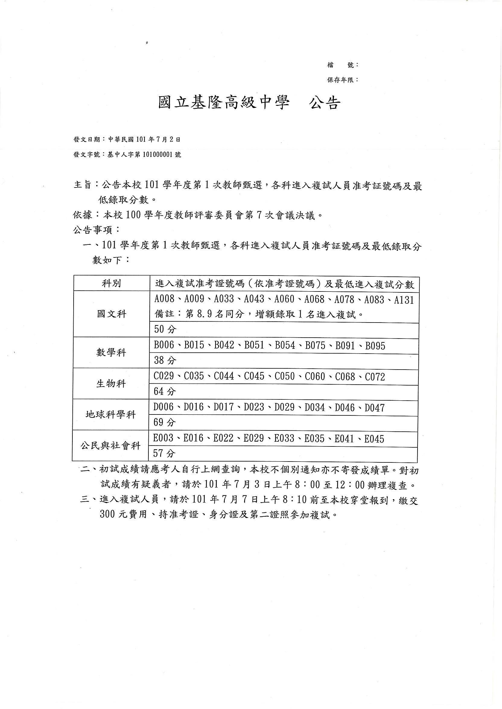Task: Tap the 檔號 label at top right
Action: pos(342,65)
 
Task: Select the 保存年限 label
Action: pos(342,80)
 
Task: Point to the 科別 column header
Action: pos(111,283)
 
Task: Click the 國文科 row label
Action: pos(112,314)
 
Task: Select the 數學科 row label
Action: pos(111,352)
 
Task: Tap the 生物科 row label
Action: pos(111,383)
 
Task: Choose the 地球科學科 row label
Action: pos(111,414)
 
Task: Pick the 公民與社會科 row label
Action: pos(110,446)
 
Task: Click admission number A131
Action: pos(404,300)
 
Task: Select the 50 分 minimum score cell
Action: pos(165,329)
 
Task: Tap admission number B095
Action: pos(375,345)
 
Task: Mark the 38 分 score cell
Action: pos(165,360)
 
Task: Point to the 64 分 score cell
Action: pos(165,392)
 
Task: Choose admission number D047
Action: pos(375,408)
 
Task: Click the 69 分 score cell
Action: pos(164,422)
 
